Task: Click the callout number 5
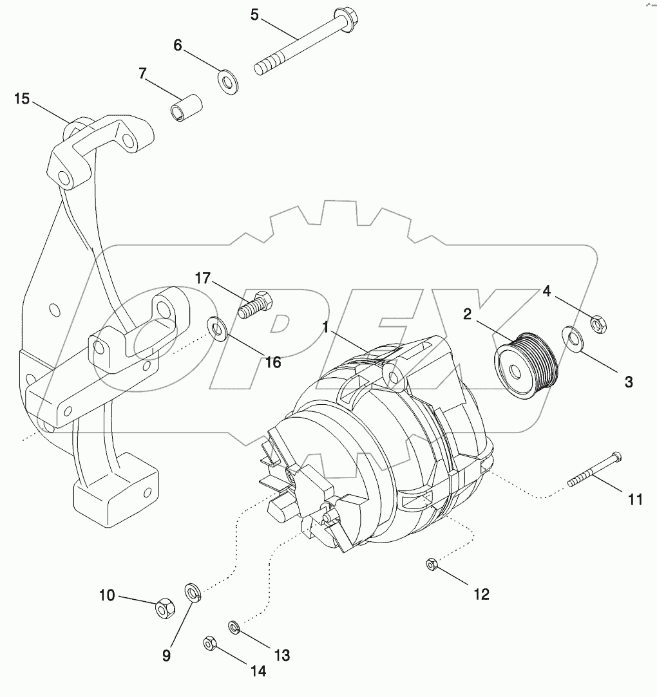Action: coord(255,14)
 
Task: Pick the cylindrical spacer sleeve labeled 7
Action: coord(186,107)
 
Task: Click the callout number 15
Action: coord(22,98)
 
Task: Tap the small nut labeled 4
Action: coord(597,324)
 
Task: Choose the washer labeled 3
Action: coord(571,339)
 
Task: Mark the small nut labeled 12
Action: coord(431,564)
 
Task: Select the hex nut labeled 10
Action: coord(165,606)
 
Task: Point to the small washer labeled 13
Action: coord(234,626)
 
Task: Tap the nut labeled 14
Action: coord(209,642)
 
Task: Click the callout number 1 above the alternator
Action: coord(327,328)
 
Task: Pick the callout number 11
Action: coord(635,499)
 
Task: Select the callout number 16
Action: coord(273,362)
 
